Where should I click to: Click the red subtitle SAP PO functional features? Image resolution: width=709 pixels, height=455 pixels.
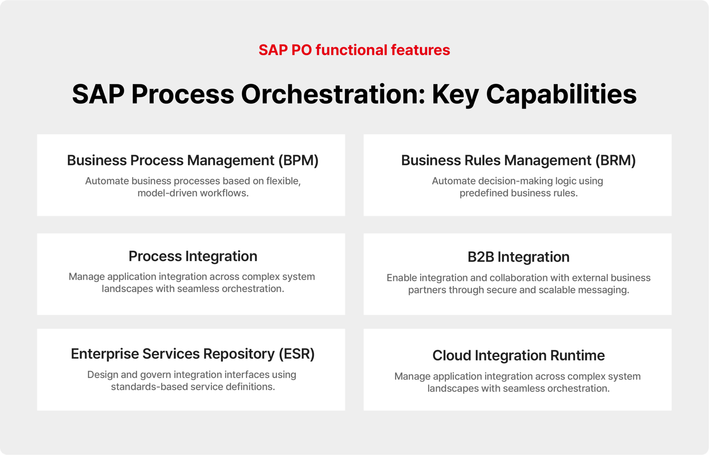[354, 50]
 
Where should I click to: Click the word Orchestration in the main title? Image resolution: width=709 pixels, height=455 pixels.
[333, 94]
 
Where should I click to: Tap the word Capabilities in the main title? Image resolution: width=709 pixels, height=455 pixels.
[561, 95]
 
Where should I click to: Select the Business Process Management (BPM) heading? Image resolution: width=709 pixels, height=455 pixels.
[193, 161]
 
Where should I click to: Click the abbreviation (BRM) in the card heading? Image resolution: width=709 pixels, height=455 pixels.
[616, 161]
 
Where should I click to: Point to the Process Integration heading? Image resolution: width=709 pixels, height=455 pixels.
[193, 256]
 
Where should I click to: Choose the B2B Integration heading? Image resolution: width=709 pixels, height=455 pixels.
[518, 257]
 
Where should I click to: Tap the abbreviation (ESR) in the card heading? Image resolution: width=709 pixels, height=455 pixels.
[297, 354]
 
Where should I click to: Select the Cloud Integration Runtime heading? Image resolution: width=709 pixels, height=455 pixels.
[518, 355]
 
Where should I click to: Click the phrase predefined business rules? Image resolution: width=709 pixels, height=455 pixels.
[518, 193]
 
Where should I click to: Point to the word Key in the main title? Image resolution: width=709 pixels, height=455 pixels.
[455, 95]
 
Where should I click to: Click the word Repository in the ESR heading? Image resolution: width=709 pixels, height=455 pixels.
[239, 354]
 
